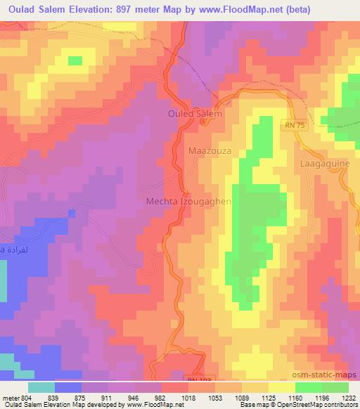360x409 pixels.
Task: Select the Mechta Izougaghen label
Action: (x=188, y=200)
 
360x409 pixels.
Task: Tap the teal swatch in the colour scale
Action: (x=41, y=387)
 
